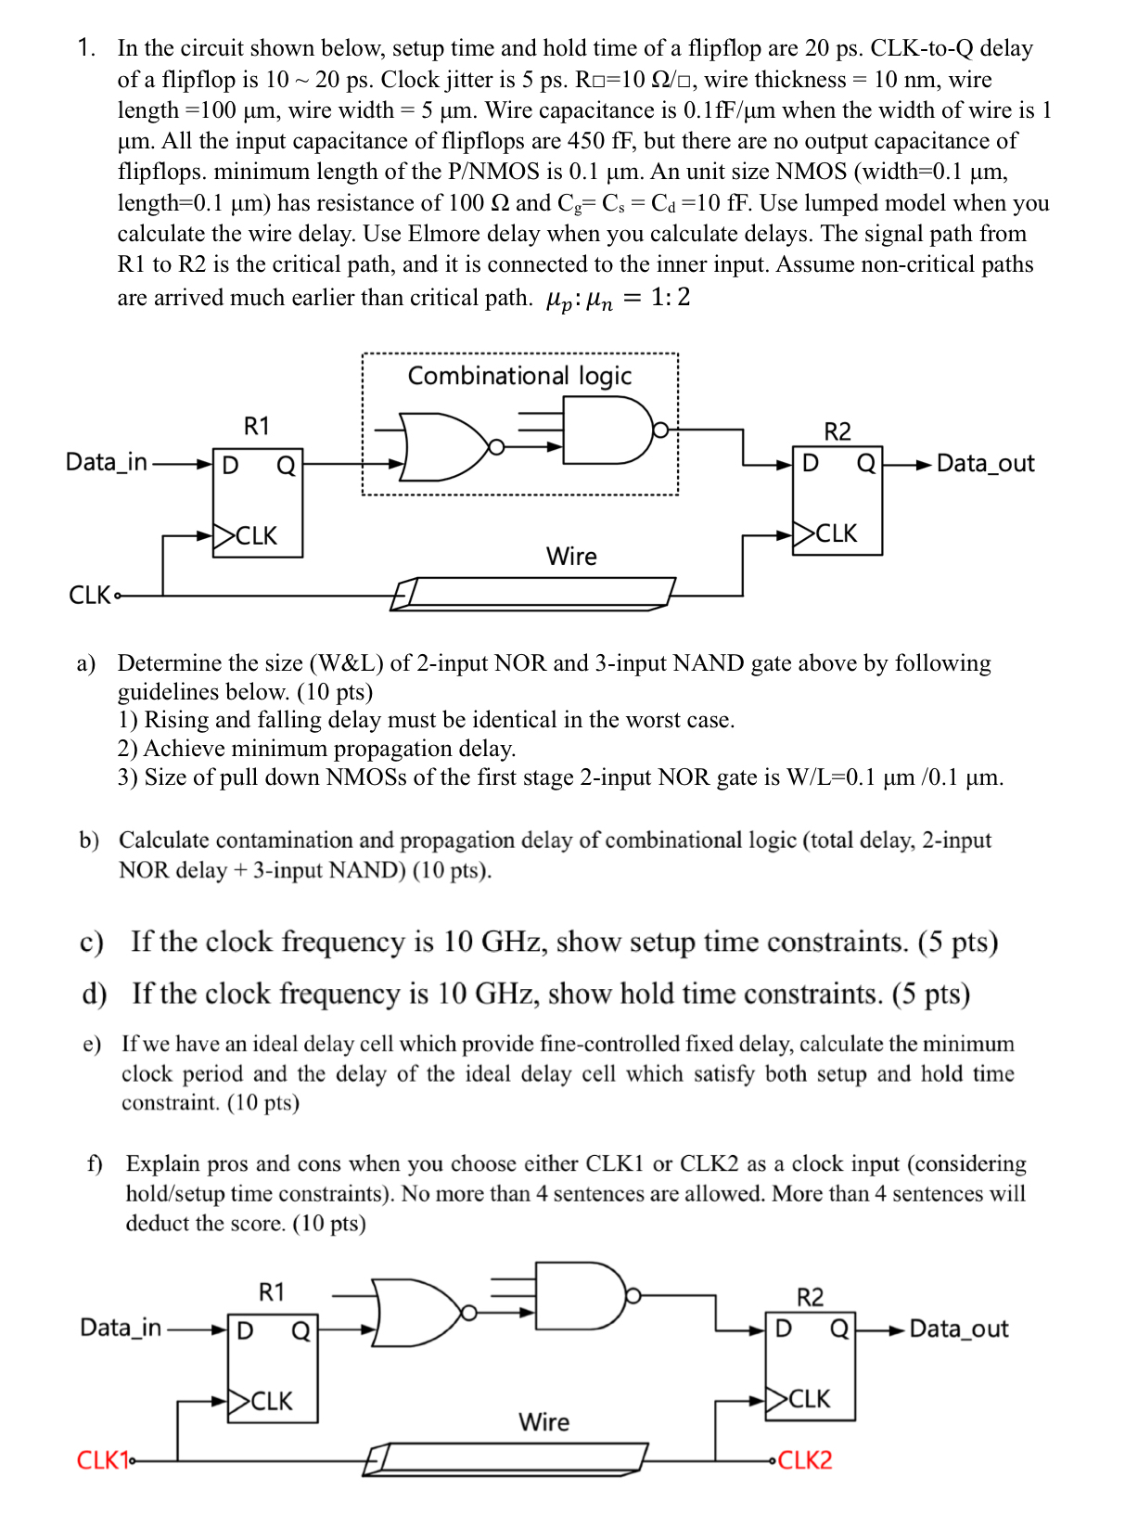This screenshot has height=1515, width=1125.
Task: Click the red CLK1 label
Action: [x=101, y=1460]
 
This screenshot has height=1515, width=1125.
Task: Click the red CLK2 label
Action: [x=805, y=1460]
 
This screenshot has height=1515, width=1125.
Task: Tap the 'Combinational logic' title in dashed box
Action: [x=519, y=376]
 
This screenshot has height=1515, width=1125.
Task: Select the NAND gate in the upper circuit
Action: [x=607, y=430]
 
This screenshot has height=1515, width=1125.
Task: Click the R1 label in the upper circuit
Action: [x=257, y=426]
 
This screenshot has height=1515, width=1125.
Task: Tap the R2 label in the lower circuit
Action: [x=810, y=1297]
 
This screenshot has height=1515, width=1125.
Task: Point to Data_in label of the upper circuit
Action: [x=107, y=462]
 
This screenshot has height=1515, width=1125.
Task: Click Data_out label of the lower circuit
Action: [x=958, y=1329]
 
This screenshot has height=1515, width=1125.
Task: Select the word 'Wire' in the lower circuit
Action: [x=544, y=1421]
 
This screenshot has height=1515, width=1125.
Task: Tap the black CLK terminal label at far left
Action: [x=90, y=595]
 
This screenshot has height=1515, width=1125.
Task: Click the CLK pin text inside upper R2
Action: [x=836, y=533]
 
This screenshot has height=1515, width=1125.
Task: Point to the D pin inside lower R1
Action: [x=245, y=1331]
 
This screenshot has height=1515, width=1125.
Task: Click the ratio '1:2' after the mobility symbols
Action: [x=670, y=297]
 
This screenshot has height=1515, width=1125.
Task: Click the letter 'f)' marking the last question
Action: [x=95, y=1163]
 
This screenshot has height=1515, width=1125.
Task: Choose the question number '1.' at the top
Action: [x=86, y=48]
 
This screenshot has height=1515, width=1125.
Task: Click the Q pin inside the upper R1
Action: [x=286, y=466]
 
